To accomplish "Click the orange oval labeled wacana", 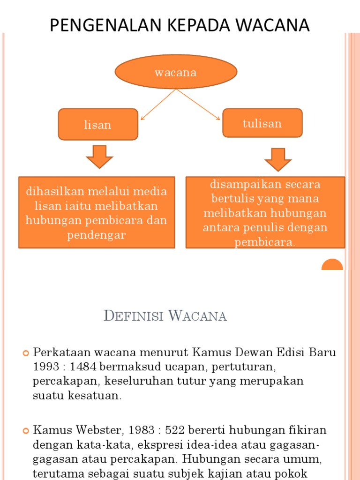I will click(x=176, y=73).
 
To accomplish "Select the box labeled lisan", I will click(x=98, y=125).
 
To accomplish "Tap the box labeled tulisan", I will click(x=262, y=123).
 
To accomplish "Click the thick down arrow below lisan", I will click(x=99, y=157).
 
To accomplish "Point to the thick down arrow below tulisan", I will click(x=278, y=159).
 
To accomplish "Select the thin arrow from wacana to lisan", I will click(x=158, y=105).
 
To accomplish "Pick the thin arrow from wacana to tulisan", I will click(x=198, y=104).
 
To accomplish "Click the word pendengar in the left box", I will click(x=97, y=235).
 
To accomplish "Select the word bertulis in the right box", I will click(x=232, y=199).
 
